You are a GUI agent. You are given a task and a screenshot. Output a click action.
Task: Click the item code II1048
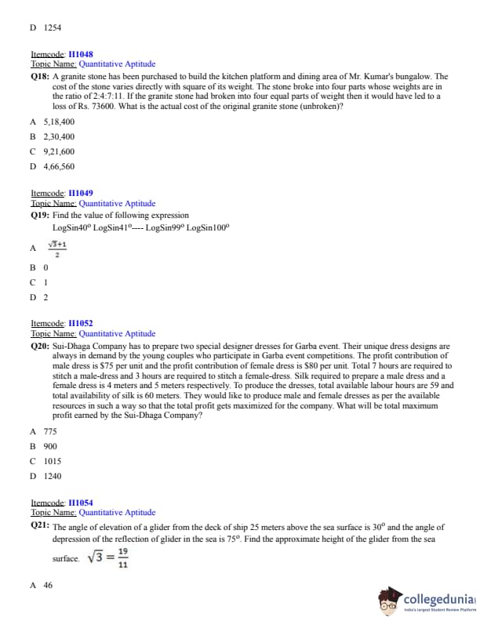pyautogui.click(x=81, y=54)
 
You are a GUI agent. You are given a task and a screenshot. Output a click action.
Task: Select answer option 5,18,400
pyautogui.click(x=59, y=122)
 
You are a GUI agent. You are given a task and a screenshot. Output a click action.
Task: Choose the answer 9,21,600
pyautogui.click(x=59, y=151)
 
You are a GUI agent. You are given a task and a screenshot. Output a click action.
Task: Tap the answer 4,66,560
pyautogui.click(x=59, y=166)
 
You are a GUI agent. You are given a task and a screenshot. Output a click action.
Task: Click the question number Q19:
pyautogui.click(x=40, y=215)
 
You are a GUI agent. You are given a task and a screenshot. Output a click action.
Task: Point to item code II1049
pyautogui.click(x=81, y=193)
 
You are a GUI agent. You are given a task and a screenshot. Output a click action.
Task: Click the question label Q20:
pyautogui.click(x=40, y=346)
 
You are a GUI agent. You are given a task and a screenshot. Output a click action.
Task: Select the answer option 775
pyautogui.click(x=50, y=431)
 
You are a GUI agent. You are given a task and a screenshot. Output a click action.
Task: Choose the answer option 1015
pyautogui.click(x=53, y=461)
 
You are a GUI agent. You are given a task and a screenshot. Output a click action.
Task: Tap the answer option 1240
pyautogui.click(x=53, y=476)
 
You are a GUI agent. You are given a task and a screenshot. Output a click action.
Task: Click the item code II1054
pyautogui.click(x=81, y=503)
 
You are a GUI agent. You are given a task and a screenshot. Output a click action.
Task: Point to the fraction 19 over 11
pyautogui.click(x=122, y=557)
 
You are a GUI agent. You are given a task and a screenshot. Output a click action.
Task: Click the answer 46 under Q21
pyautogui.click(x=49, y=585)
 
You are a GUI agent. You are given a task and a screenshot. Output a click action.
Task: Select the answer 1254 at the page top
pyautogui.click(x=53, y=27)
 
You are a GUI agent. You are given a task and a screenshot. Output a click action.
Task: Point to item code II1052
pyautogui.click(x=81, y=323)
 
